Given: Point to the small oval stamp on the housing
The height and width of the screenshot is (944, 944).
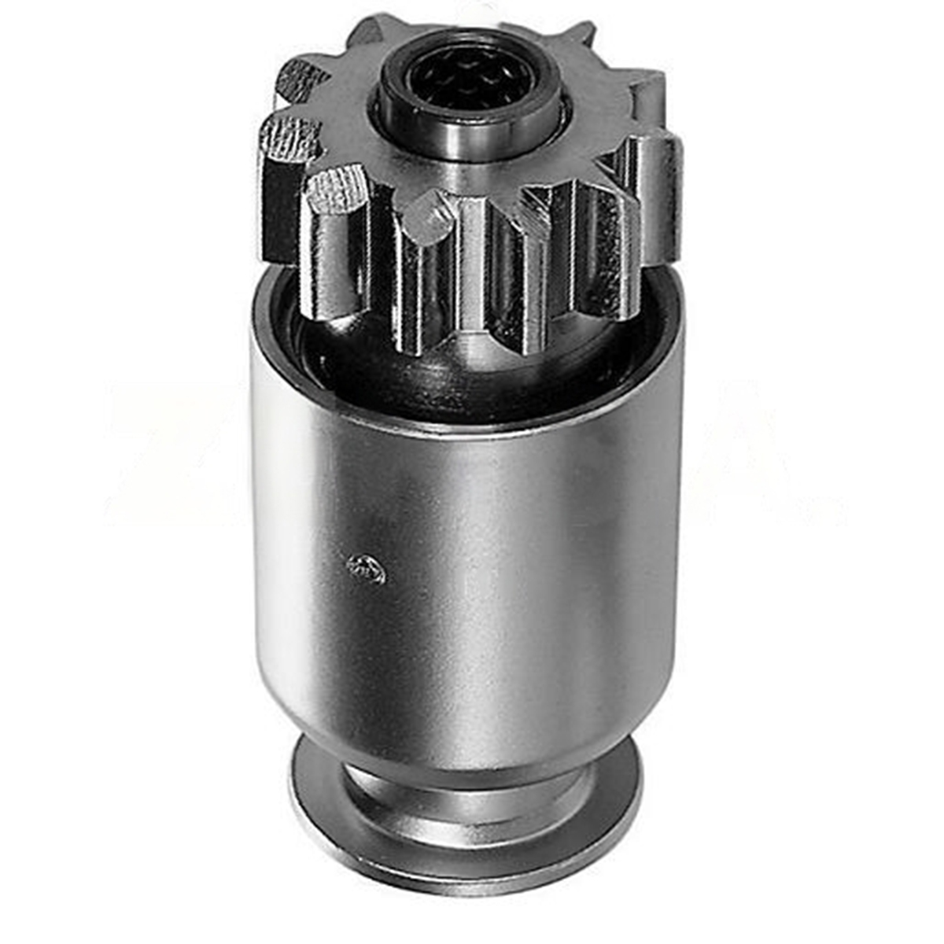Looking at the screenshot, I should [367, 568].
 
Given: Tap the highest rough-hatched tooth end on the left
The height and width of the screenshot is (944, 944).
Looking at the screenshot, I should [303, 79].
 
